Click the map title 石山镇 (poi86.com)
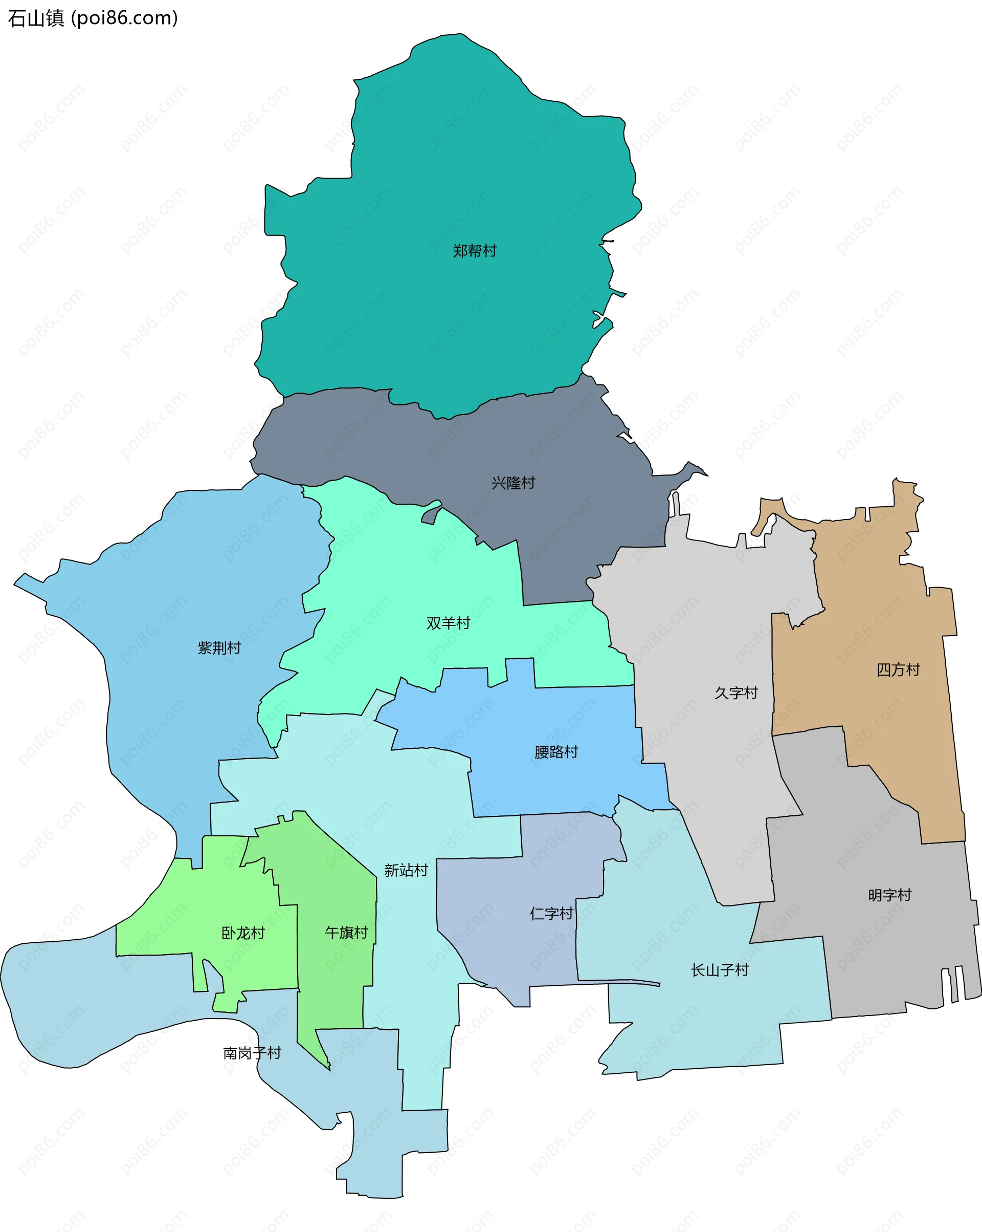(x=93, y=18)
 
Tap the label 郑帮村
(x=475, y=251)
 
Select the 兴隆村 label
(x=514, y=483)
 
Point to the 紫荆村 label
(x=219, y=647)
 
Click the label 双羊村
(x=448, y=623)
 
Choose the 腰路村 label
(x=556, y=752)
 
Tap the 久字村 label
(x=736, y=693)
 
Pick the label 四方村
(x=898, y=669)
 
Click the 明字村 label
(x=889, y=895)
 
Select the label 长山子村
(x=720, y=970)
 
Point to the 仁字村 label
(x=551, y=913)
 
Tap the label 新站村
(x=406, y=870)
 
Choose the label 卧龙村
(x=243, y=933)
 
